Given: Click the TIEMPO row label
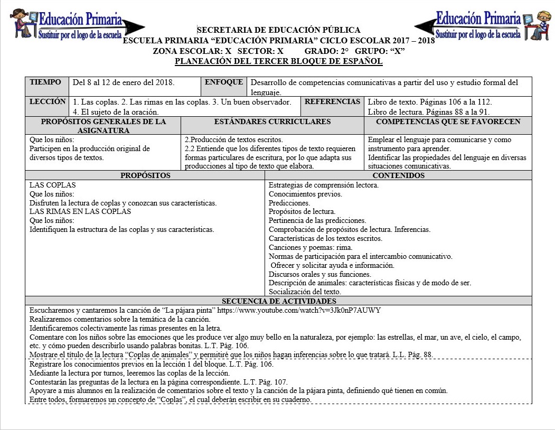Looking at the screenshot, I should pos(46,82).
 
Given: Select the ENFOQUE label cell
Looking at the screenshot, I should pos(224,82).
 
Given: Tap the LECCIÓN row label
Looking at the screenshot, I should pos(48,101).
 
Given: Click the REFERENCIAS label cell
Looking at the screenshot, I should pos(332,101).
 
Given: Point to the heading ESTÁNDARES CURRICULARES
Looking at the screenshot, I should pos(272,121).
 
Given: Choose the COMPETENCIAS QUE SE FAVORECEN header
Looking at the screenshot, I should pos(448,121).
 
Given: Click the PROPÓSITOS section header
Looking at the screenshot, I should pos(145,175).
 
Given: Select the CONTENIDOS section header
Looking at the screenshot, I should pos(398,175).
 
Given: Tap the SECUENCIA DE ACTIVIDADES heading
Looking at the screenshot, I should pos(279,301).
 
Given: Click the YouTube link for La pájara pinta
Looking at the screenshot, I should pos(299,310).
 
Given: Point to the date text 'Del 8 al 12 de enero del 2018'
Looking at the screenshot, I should pos(124,82).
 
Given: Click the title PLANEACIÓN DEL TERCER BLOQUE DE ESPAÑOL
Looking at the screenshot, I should pos(278,61).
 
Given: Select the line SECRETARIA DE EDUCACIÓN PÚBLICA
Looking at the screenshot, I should pos(278,30).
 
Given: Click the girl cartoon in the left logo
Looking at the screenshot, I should pos(22,24).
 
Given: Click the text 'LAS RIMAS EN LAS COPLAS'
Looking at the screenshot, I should pos(80,211).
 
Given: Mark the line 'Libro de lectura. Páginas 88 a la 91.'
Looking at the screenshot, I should pos(428,111).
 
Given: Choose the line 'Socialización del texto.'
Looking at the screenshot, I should pos(305,292).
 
